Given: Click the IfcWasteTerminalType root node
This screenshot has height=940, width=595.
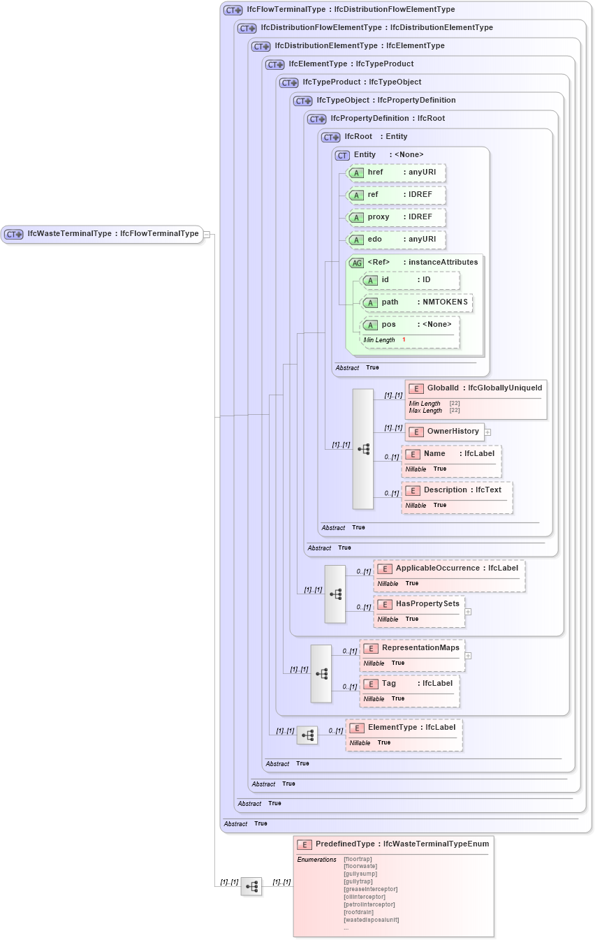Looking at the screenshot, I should tap(102, 234).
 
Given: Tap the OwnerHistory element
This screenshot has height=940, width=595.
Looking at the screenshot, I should tap(445, 432).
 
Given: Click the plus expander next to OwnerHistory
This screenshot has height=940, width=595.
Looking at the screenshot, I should tap(488, 432).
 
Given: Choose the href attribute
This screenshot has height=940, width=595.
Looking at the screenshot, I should tap(396, 172).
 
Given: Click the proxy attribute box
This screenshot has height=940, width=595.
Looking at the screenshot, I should tap(396, 217).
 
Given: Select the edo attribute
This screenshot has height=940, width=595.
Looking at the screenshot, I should tap(396, 240).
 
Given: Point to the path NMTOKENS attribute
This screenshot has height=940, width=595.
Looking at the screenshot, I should tap(416, 302).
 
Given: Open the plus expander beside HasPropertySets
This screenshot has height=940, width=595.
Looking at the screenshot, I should tap(468, 612).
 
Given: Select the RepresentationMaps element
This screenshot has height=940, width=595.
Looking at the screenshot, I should tap(411, 655).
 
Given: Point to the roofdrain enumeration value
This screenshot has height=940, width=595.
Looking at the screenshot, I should tap(359, 912).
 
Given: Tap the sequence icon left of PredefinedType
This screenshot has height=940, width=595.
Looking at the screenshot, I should tap(251, 886).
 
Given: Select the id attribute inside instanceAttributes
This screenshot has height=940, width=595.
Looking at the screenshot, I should tap(410, 280).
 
